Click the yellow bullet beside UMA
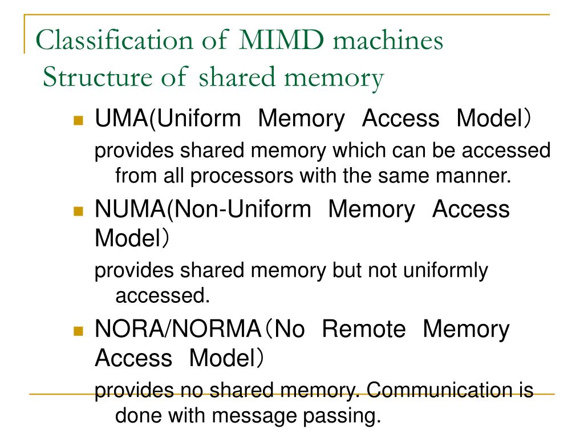pos(79,120)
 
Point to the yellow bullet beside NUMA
pos(79,210)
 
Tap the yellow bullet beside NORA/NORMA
pos(79,330)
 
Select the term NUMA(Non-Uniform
pos(203,209)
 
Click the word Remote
pos(363,329)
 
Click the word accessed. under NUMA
pos(160,295)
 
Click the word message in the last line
pos(257,415)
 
